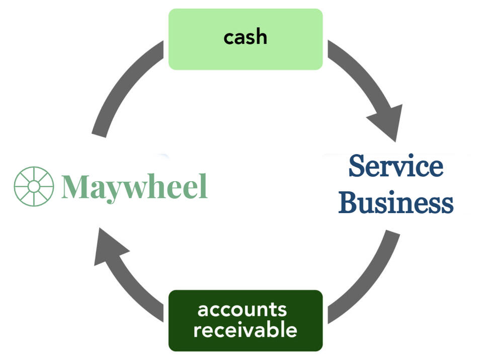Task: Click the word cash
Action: [x=245, y=37]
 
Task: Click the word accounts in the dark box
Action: [x=242, y=309]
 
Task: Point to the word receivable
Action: [x=245, y=330]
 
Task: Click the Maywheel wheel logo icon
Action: [x=34, y=186]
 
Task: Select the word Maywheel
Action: [x=134, y=187]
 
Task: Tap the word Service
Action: [x=396, y=166]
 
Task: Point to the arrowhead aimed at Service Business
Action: [x=388, y=121]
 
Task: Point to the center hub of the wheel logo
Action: [x=34, y=186]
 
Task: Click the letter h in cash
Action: [x=261, y=37]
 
